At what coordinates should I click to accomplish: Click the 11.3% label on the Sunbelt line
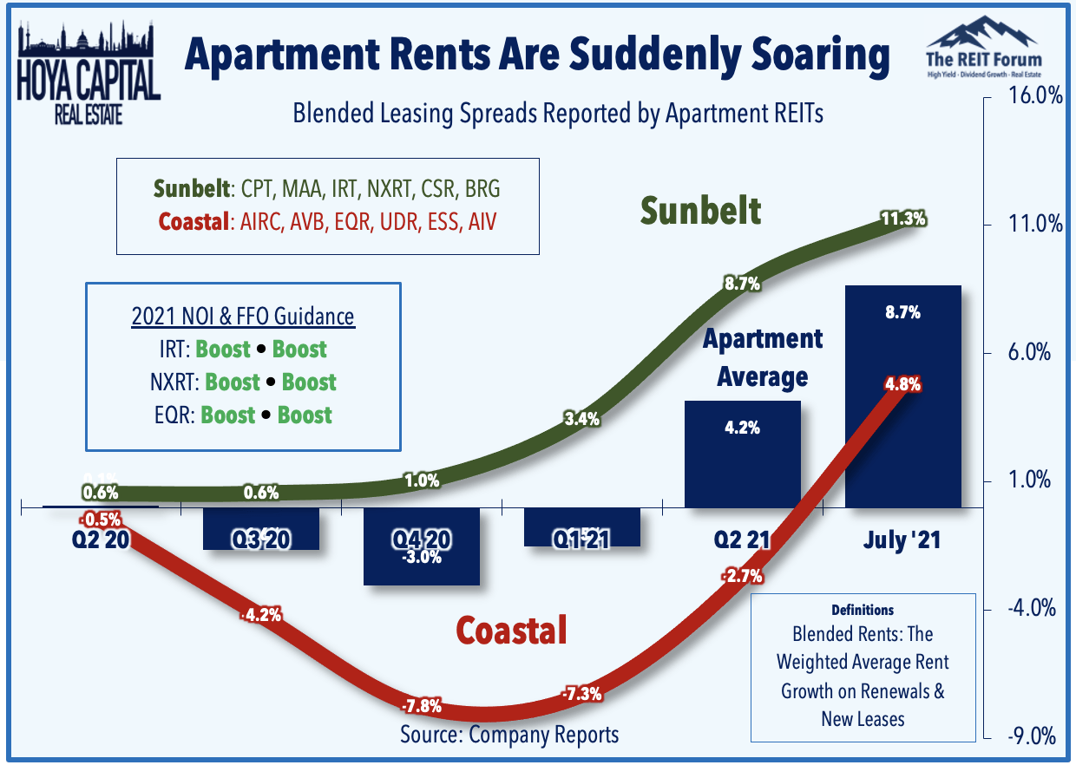click(903, 219)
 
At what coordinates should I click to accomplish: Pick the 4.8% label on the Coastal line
click(902, 384)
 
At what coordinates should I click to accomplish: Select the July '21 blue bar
click(902, 396)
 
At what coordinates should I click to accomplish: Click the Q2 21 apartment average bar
click(743, 454)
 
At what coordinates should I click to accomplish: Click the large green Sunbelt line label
click(701, 211)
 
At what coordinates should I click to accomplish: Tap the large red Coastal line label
click(511, 630)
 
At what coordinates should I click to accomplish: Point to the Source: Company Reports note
click(509, 735)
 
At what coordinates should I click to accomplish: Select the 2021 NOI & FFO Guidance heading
click(243, 317)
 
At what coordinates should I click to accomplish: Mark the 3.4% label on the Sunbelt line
click(581, 420)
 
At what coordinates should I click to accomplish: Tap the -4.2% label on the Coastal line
click(261, 616)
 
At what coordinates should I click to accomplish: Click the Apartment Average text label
click(762, 357)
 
